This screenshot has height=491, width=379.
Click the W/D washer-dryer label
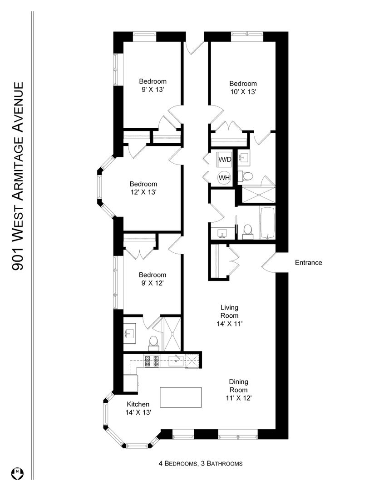coord(225,160)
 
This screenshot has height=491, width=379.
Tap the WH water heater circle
coord(224,178)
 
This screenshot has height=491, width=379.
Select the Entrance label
coord(308,262)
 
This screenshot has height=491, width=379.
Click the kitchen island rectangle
coord(181,397)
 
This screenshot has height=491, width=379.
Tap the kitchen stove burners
coord(152,361)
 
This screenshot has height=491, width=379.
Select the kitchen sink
coord(177,361)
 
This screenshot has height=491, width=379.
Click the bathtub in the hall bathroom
coord(267,223)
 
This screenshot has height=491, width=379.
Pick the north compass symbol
coord(18,473)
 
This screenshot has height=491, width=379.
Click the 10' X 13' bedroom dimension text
coord(243,92)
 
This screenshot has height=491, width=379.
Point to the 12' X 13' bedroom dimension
coord(143,192)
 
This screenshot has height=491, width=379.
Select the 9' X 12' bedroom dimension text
coord(153,283)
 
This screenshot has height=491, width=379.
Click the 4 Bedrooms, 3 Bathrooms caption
coord(201,463)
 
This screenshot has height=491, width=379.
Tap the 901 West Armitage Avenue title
coord(18,176)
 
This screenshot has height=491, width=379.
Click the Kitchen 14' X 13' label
coord(138,408)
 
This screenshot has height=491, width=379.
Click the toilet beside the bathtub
coord(248,231)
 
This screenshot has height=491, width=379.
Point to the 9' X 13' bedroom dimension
coord(153,90)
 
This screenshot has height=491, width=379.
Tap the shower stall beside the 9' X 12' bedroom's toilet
coord(172,334)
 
